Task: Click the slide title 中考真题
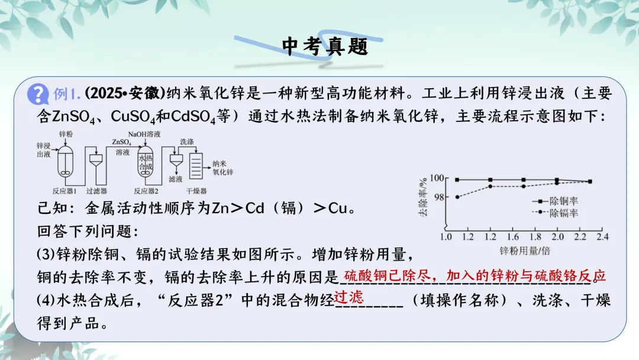325,46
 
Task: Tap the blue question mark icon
38,94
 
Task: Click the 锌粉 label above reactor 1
66,135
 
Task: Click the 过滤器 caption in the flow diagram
96,191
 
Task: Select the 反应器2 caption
147,191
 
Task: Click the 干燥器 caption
196,191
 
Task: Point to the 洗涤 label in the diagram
187,142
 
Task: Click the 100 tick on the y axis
437,178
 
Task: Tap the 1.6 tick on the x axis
501,237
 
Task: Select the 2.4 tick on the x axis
602,237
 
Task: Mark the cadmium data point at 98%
457,197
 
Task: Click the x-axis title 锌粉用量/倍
525,250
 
